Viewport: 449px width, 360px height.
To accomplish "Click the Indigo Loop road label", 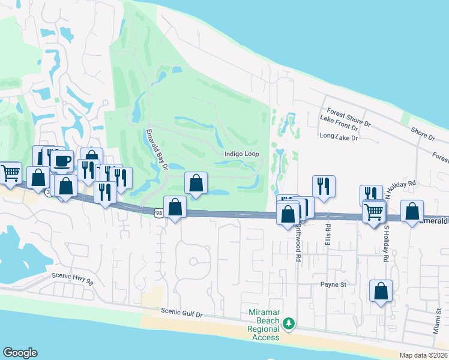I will point(242,154).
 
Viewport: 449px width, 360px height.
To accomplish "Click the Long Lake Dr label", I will point(339,137).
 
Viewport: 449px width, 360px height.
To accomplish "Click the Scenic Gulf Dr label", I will point(191,313).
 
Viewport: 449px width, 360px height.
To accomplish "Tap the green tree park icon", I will point(289,323).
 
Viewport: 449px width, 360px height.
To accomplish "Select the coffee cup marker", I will point(62,161).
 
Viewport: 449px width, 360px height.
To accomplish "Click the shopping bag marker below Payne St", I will point(381,291).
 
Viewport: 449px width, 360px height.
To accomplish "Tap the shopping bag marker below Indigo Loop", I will point(196,182).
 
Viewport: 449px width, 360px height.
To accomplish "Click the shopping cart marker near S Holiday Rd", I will point(374,211).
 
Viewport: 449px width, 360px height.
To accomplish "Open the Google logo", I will point(20,353).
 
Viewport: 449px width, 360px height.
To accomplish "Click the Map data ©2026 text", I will point(424,355).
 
